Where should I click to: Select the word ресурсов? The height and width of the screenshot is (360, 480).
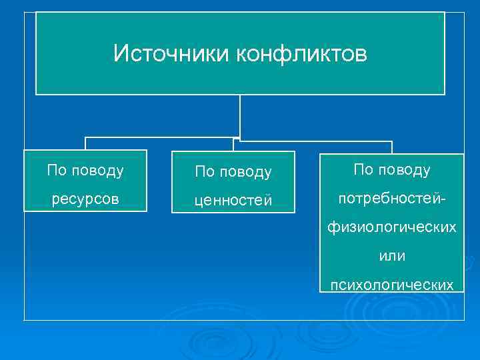(85, 199)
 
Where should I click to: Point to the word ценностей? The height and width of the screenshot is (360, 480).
(233, 201)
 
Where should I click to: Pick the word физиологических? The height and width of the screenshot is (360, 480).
(392, 228)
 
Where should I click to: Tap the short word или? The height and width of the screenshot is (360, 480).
(392, 257)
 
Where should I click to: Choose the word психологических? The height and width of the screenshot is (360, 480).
(392, 285)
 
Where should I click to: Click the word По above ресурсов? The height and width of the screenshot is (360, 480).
(57, 171)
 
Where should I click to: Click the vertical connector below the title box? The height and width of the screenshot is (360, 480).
(239, 117)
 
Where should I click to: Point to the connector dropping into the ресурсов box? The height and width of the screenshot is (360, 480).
(85, 144)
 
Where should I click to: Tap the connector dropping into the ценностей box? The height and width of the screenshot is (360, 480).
(233, 146)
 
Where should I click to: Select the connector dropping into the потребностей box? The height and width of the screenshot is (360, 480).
(392, 147)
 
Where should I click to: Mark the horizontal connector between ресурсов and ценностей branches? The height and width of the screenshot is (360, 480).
(159, 138)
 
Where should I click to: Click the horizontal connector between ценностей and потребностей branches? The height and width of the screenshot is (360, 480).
(313, 141)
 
